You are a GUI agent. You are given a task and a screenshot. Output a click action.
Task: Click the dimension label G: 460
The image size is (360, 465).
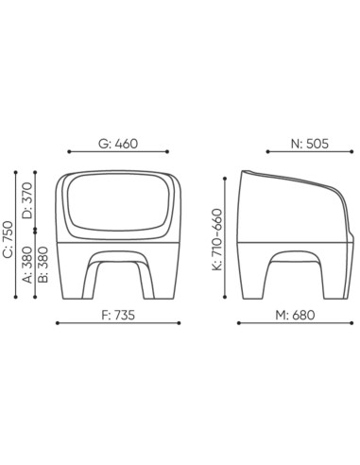(119, 144)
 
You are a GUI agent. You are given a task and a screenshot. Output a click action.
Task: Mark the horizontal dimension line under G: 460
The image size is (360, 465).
(119, 153)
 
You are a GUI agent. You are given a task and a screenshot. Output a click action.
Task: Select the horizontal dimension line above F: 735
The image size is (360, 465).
(119, 324)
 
